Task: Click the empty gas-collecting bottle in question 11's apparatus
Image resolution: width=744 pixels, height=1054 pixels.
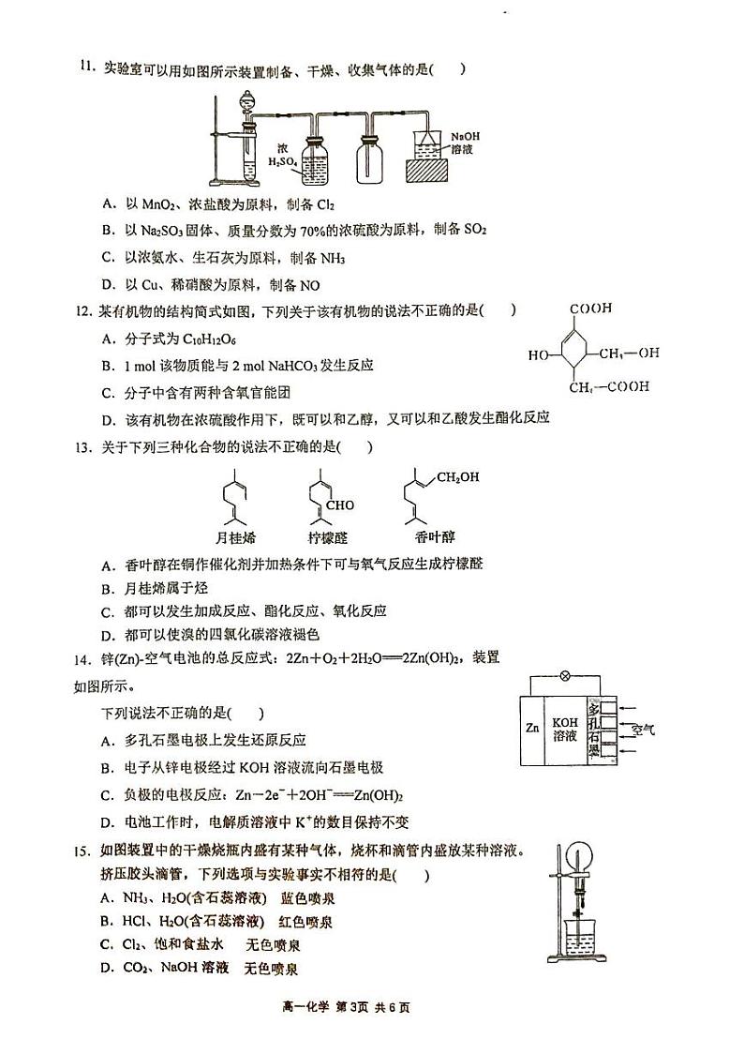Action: point(370,159)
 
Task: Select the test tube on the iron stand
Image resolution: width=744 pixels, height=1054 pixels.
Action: point(250,156)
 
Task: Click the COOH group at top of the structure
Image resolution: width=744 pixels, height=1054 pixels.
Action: point(589,308)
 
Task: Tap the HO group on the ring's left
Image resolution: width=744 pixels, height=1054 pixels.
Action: point(538,355)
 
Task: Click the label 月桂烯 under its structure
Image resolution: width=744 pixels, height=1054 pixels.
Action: point(234,537)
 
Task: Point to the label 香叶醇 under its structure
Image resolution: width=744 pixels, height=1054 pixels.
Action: point(434,537)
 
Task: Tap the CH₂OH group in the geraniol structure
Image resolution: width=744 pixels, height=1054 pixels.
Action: point(459,477)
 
